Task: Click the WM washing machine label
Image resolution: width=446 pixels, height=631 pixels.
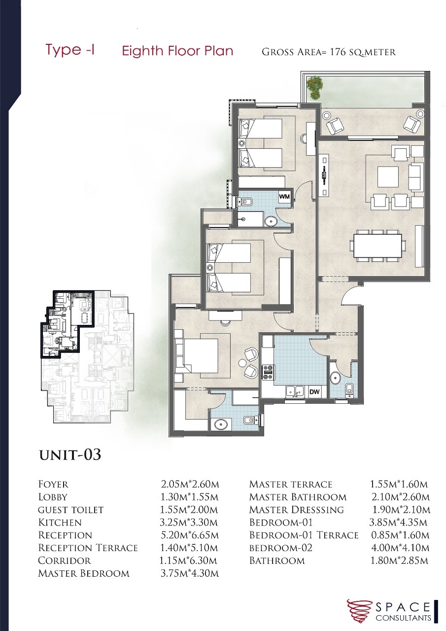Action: (x=284, y=197)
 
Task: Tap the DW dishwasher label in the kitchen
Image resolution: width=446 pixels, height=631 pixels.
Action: (x=314, y=391)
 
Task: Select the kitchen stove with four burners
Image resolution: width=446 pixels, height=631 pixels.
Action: (x=268, y=372)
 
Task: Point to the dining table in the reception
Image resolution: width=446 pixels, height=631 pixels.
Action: (x=378, y=243)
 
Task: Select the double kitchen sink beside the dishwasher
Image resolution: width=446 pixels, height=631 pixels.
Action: (x=295, y=391)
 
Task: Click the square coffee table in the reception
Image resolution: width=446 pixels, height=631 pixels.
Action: (x=388, y=177)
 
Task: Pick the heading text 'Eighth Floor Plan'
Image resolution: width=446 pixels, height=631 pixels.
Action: (x=177, y=51)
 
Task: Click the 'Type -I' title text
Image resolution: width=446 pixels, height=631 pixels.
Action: (x=69, y=50)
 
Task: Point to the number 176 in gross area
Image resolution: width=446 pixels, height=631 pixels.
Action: (x=338, y=52)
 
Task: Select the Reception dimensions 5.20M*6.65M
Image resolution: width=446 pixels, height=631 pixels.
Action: (x=189, y=535)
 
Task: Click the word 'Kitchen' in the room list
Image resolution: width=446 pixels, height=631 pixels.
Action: (x=60, y=523)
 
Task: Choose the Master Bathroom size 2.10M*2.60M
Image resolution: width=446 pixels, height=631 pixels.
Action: (x=400, y=497)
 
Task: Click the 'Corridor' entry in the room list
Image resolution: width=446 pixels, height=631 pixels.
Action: (x=65, y=561)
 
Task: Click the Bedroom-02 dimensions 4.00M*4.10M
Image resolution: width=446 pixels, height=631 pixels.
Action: (x=400, y=548)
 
